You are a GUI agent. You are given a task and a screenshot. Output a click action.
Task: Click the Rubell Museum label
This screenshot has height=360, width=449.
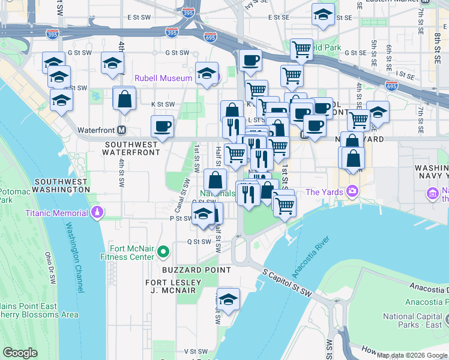tap(163, 78)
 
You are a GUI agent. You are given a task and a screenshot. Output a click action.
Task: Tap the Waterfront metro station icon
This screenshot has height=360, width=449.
tap(122, 130)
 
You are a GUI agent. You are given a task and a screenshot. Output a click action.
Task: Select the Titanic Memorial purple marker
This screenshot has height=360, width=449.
tap(97, 212)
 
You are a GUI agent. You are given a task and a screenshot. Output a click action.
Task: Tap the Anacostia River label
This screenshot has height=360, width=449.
tap(311, 260)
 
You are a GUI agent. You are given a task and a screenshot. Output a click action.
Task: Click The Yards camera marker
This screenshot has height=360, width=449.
tap(352, 192)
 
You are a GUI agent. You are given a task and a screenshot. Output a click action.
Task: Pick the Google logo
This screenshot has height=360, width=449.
tap(20, 353)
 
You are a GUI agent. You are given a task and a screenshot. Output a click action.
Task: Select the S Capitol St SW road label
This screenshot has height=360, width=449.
tap(289, 282)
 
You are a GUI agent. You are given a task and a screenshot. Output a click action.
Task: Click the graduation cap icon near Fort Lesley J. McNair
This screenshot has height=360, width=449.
tap(228, 299)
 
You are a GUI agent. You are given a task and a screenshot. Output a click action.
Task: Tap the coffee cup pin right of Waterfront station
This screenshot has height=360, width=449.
tap(162, 127)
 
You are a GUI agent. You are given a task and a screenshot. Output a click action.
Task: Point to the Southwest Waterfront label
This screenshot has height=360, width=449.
tap(132, 148)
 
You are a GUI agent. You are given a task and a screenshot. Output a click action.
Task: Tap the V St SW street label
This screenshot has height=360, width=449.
tap(195, 351)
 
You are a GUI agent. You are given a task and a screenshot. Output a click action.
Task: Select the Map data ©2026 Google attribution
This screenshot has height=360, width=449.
tap(412, 355)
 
